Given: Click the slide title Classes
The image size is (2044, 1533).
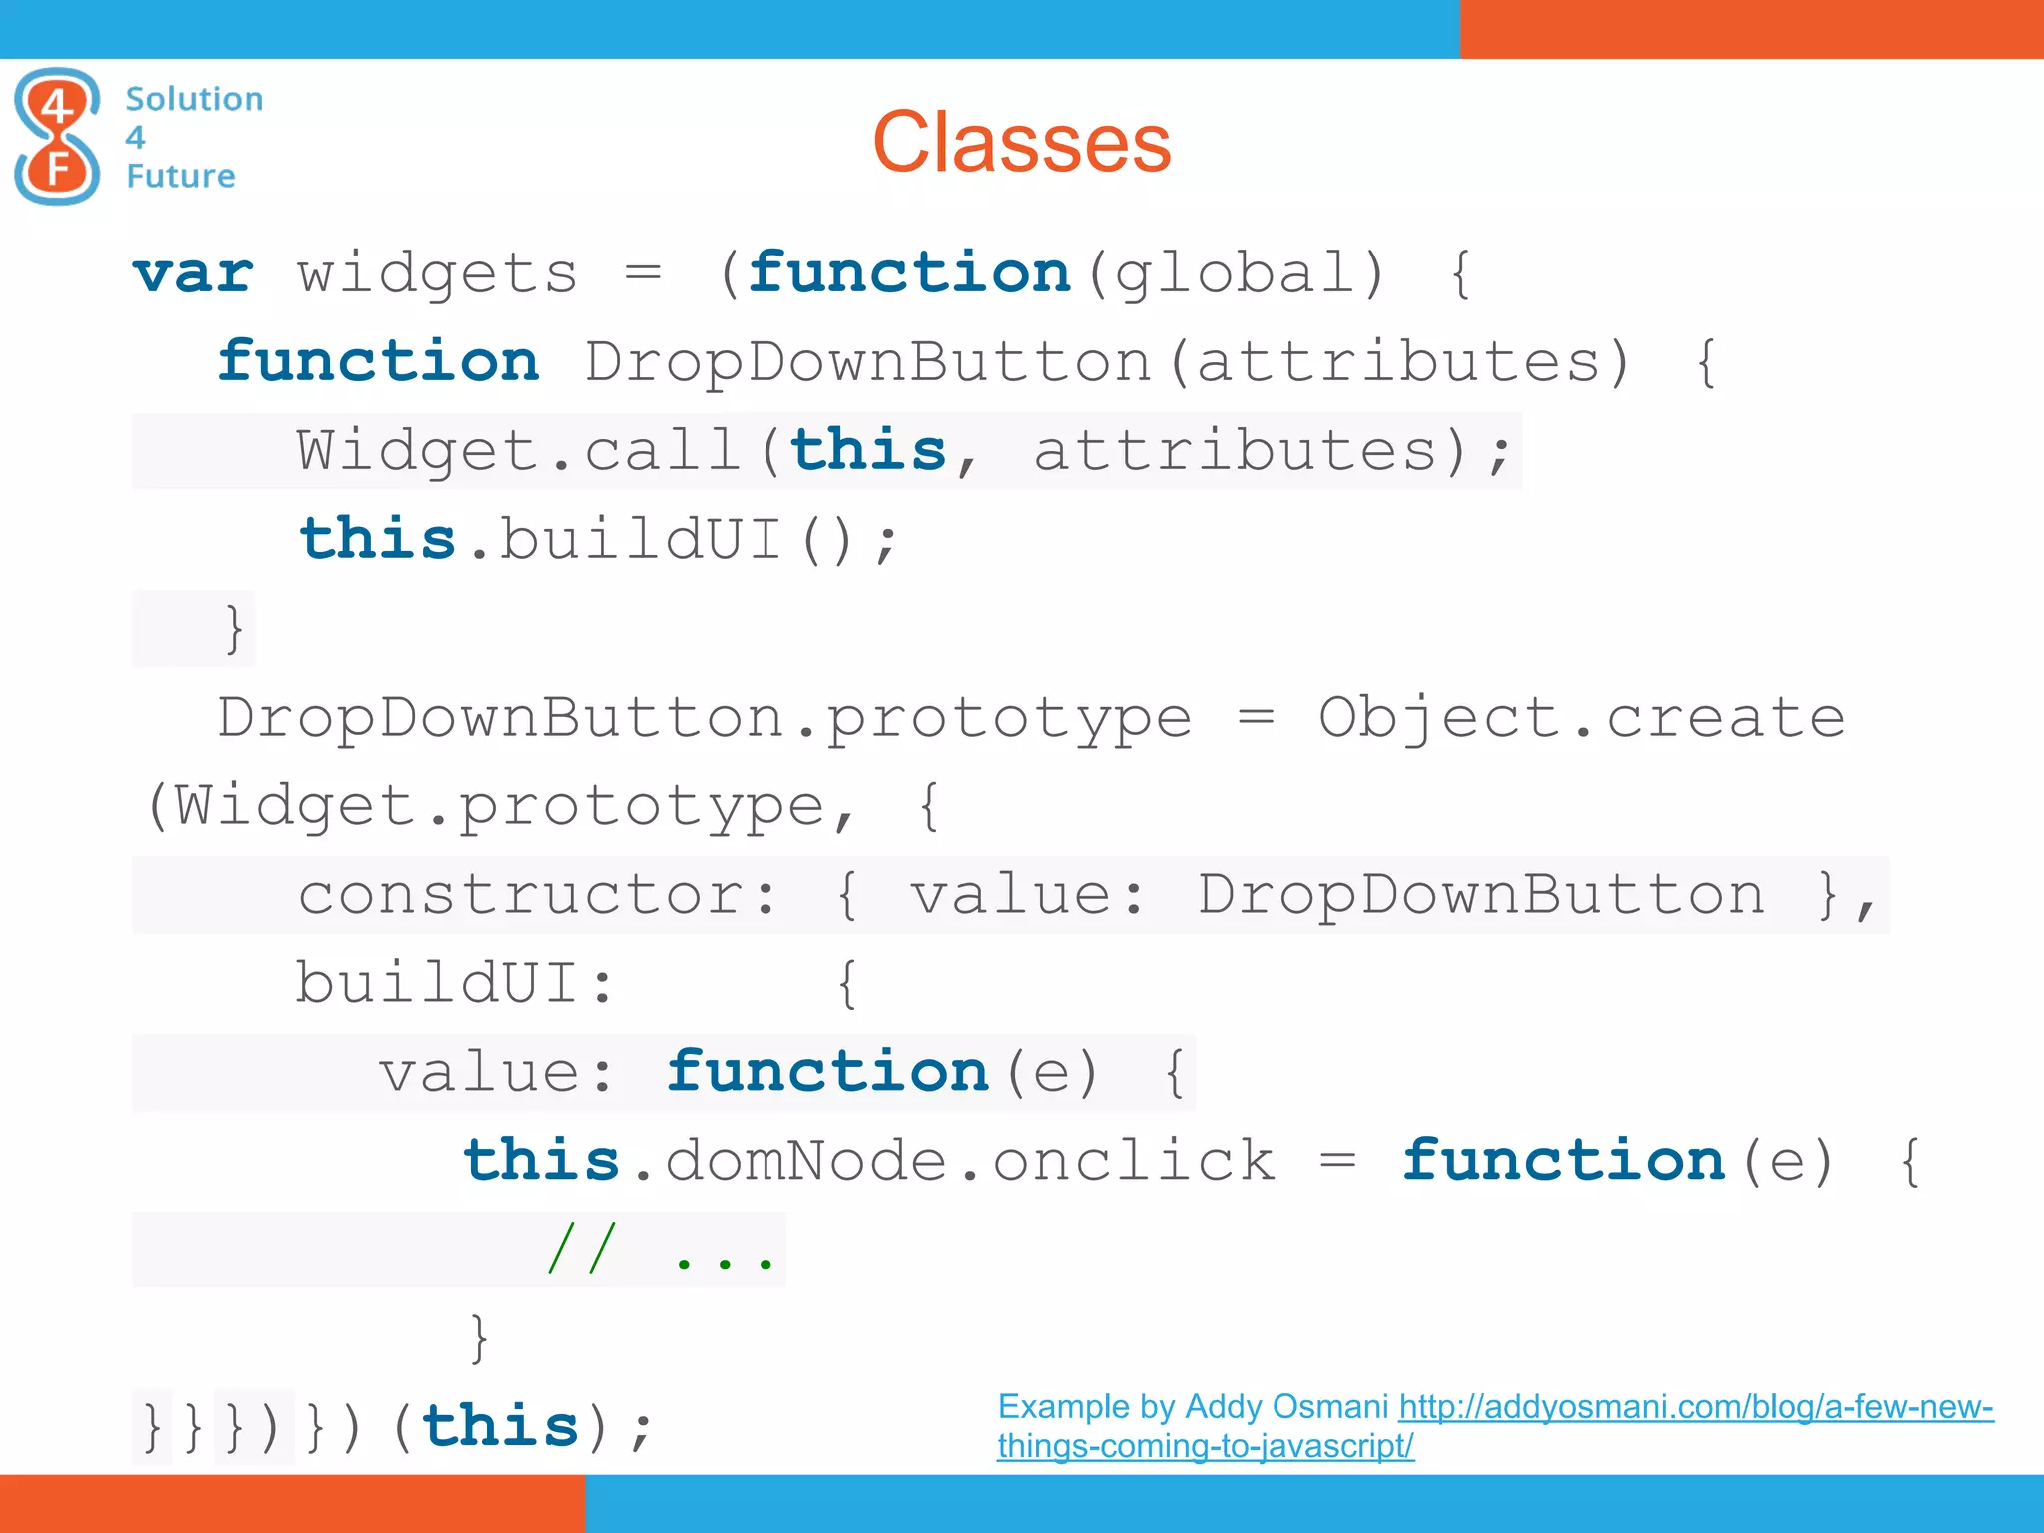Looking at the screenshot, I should [1021, 143].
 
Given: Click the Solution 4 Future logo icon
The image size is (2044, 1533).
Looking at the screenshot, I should [57, 137].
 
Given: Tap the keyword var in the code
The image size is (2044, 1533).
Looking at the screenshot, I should [194, 273].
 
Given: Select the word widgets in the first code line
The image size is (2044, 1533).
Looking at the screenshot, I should [437, 273].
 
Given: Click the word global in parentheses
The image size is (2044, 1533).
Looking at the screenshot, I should [1236, 273].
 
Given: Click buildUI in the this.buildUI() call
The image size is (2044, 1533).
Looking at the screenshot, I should [639, 540].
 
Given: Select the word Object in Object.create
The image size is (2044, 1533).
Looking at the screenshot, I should [1439, 718].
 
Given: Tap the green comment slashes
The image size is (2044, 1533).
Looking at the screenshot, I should [582, 1250].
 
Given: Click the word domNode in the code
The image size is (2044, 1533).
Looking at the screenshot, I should [805, 1161].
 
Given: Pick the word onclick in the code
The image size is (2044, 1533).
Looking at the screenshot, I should [1134, 1161].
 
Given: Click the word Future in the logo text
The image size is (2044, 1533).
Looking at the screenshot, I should [181, 176].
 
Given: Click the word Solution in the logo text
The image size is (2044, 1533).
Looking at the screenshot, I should [195, 99].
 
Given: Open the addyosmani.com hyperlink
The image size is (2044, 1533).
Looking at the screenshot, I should [1695, 1407].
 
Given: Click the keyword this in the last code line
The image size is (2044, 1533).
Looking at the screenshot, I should [500, 1426].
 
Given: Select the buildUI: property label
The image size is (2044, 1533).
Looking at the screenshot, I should [455, 983].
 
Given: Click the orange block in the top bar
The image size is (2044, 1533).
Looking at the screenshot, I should [1751, 29].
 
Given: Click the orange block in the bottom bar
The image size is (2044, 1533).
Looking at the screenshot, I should [291, 1503].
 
